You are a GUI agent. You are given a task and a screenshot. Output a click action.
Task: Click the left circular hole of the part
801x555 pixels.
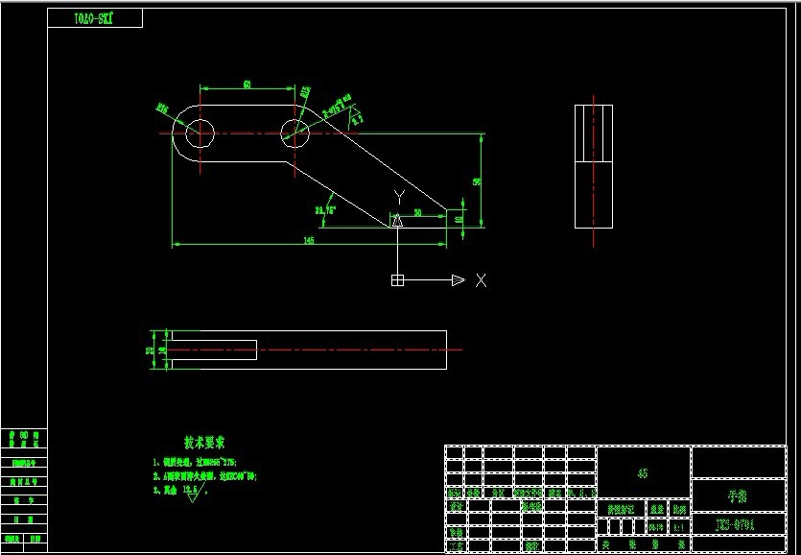tap(200, 133)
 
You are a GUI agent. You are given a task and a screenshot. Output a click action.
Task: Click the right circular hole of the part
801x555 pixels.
tap(294, 133)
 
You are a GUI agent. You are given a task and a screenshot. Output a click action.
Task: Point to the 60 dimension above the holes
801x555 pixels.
tap(247, 85)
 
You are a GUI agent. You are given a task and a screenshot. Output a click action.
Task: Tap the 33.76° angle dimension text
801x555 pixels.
tap(325, 208)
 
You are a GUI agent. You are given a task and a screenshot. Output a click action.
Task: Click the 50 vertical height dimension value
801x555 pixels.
tap(476, 181)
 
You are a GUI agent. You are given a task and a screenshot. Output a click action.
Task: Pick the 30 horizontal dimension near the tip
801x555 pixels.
tap(417, 211)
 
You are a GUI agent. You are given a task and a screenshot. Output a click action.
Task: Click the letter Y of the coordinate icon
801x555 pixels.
tap(399, 197)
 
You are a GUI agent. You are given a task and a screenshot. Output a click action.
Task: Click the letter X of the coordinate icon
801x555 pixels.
tap(482, 280)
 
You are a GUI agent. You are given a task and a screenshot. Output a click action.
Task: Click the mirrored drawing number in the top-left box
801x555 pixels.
tap(94, 18)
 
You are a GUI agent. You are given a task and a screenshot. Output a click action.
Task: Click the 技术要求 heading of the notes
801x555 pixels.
tap(204, 443)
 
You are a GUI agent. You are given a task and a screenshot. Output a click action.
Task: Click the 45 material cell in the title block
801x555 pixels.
tap(643, 472)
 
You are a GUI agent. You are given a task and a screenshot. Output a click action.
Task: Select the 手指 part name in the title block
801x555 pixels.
tap(738, 495)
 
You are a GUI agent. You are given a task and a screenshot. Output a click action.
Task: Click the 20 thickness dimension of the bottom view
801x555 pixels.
tap(150, 350)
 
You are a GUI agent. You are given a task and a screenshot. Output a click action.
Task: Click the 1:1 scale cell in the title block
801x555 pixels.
tap(679, 527)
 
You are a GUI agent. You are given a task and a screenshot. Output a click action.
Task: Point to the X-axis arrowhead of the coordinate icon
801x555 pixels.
tap(458, 280)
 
